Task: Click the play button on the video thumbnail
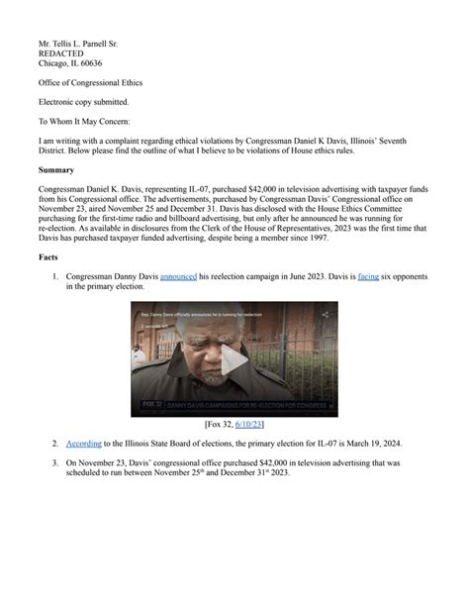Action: [x=234, y=360]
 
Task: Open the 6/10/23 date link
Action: [x=246, y=424]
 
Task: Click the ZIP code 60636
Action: [x=87, y=62]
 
